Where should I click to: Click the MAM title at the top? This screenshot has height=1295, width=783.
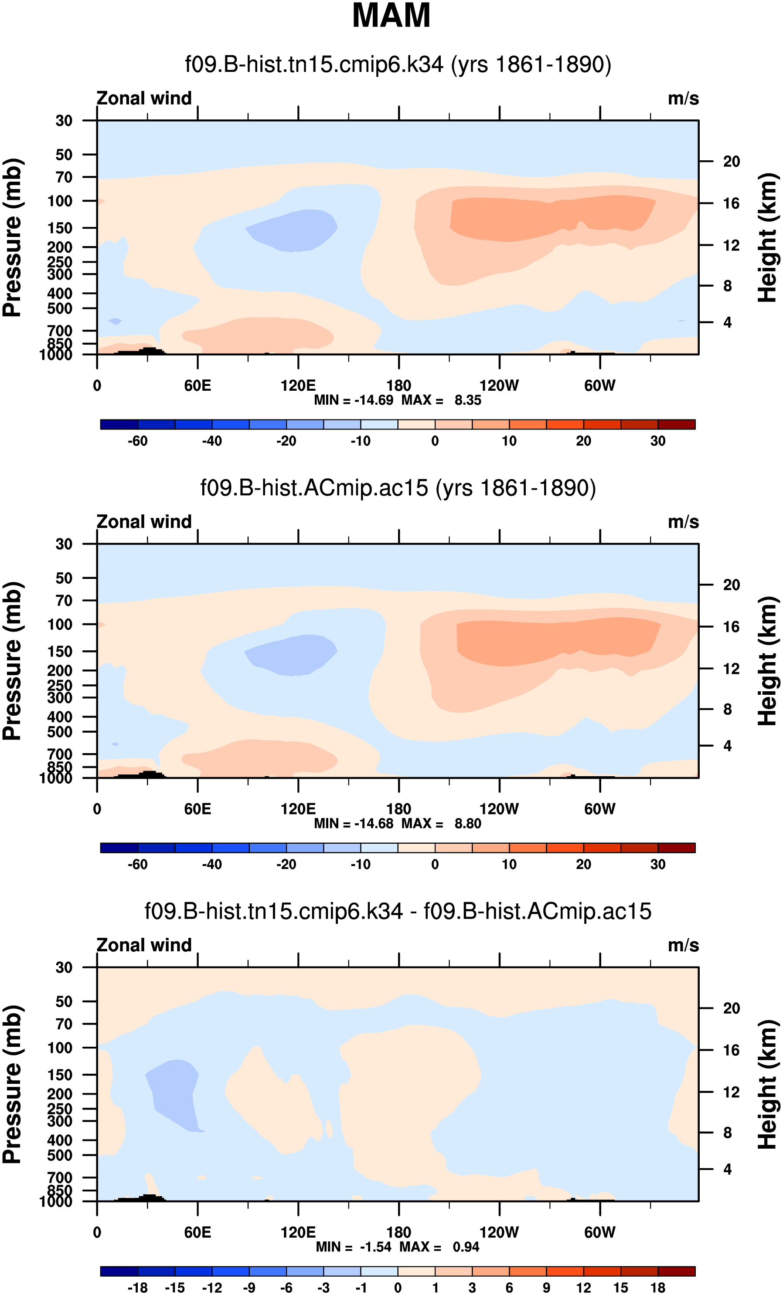tap(391, 16)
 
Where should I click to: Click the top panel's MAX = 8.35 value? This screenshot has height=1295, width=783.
tap(442, 400)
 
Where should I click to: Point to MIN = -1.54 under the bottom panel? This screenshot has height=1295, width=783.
tap(354, 1247)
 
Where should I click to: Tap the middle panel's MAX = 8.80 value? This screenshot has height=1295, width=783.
tap(442, 824)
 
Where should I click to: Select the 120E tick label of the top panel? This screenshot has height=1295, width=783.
tap(298, 386)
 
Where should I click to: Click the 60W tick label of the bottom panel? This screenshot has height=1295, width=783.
tap(599, 1232)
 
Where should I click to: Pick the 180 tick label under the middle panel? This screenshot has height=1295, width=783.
tap(398, 809)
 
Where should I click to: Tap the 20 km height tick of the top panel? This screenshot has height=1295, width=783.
tap(731, 161)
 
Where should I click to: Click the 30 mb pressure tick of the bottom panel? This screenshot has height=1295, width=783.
tap(64, 967)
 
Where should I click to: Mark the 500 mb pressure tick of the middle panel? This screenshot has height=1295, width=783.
tap(60, 732)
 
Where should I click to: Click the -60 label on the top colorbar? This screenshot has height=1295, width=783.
tap(138, 441)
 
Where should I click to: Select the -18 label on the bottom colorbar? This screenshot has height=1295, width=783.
tap(138, 1288)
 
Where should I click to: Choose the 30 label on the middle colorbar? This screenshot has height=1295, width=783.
tap(658, 864)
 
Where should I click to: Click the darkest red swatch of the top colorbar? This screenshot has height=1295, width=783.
tap(676, 425)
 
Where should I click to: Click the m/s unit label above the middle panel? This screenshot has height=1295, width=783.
tap(683, 522)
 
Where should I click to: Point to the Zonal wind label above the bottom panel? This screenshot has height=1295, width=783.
tap(144, 945)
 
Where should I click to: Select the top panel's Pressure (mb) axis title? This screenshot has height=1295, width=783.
tap(13, 237)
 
